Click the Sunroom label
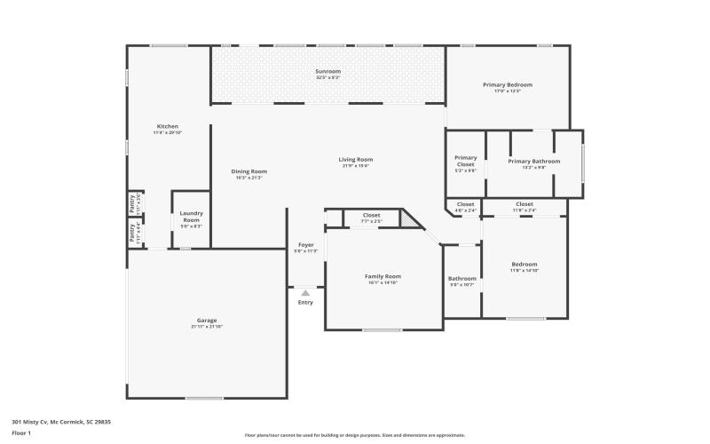point(327,71)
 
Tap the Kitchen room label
point(168,126)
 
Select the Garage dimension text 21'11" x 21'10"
point(207,327)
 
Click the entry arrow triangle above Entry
point(305,291)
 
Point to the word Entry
point(305,302)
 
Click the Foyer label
point(305,244)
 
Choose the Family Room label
point(383,276)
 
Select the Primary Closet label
point(465,161)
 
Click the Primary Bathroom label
point(533,161)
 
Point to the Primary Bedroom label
point(507,84)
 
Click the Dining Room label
point(248,171)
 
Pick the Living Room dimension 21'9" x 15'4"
point(355,166)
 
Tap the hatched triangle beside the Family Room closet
point(408,218)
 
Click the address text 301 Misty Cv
point(61,422)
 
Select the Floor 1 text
point(21,433)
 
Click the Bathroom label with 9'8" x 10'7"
point(461,279)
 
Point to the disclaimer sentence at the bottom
point(355,435)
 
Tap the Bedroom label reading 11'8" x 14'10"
point(524,264)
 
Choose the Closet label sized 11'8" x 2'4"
point(524,204)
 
